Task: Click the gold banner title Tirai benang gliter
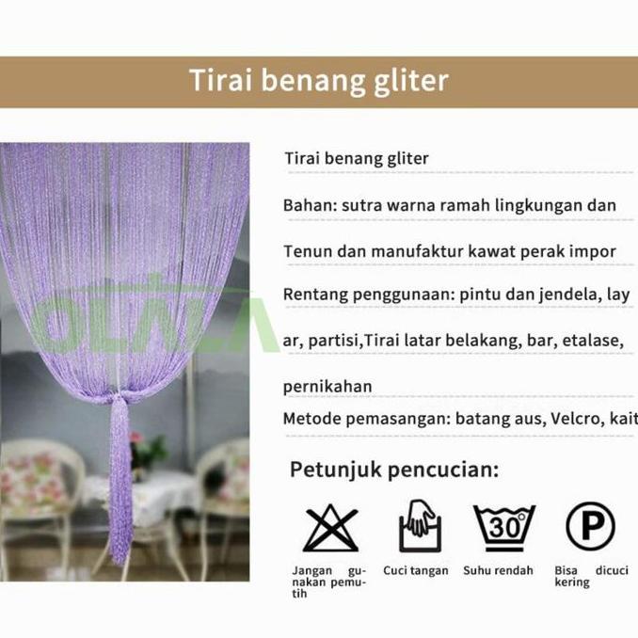318,81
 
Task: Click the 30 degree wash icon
503,527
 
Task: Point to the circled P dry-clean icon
590,526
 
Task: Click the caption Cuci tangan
415,571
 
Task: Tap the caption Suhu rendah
498,571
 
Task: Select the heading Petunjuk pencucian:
393,469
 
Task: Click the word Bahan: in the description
309,205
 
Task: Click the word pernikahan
327,386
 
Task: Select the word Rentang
314,295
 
